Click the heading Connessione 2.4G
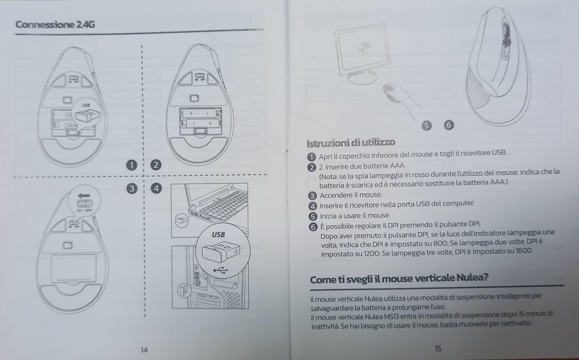click(x=55, y=25)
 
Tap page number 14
click(x=144, y=350)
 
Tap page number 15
click(x=438, y=348)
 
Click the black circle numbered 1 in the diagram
click(x=131, y=165)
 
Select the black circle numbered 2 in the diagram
click(x=156, y=165)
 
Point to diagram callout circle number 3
click(x=131, y=189)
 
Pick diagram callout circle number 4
click(x=156, y=189)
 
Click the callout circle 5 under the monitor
click(x=427, y=126)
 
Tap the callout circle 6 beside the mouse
click(x=449, y=125)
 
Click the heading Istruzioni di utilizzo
click(x=351, y=142)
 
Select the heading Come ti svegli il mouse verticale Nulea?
click(x=399, y=278)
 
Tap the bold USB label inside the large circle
click(x=218, y=235)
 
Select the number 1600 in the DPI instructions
click(x=524, y=251)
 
